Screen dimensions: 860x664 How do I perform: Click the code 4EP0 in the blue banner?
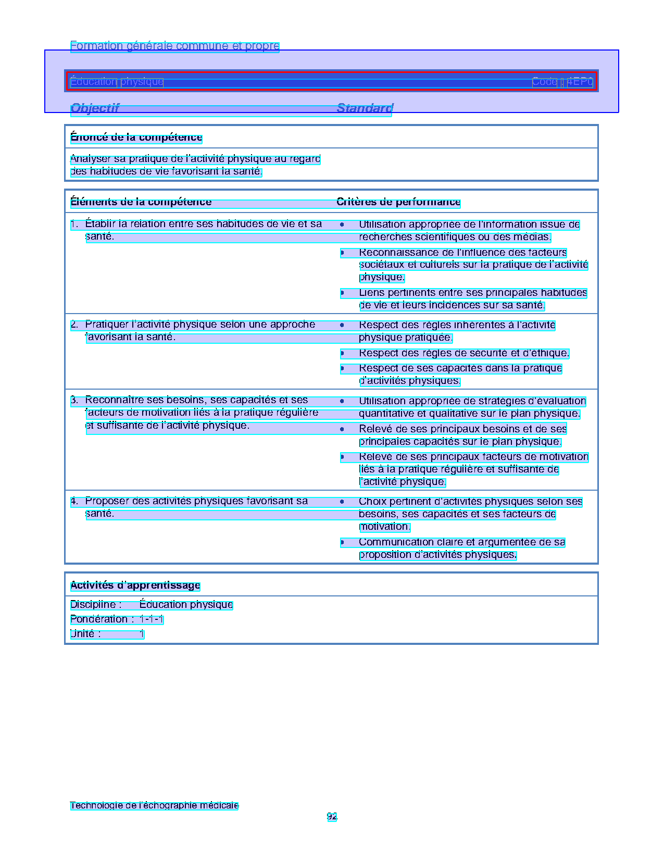pyautogui.click(x=580, y=82)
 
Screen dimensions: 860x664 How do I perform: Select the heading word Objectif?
pyautogui.click(x=95, y=108)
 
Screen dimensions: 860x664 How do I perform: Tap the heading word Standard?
pyautogui.click(x=365, y=108)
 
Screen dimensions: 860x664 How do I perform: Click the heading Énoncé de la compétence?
pyautogui.click(x=136, y=138)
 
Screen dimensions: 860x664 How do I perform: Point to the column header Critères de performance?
pyautogui.click(x=398, y=202)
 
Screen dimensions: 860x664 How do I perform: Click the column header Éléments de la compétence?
pyautogui.click(x=141, y=202)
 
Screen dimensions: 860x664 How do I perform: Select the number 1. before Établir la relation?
pyautogui.click(x=74, y=225)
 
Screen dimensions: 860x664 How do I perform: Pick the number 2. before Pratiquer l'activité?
pyautogui.click(x=74, y=325)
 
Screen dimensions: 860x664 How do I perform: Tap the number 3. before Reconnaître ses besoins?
pyautogui.click(x=74, y=400)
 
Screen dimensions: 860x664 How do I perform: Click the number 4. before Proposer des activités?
pyautogui.click(x=74, y=501)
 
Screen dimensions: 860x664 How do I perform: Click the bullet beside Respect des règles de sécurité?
pyautogui.click(x=342, y=354)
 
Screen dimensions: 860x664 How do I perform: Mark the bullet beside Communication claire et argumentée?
pyautogui.click(x=342, y=543)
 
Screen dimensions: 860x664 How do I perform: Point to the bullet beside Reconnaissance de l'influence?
pyautogui.click(x=342, y=253)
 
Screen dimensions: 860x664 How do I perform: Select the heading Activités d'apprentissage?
pyautogui.click(x=135, y=585)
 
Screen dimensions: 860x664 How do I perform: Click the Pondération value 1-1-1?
pyautogui.click(x=152, y=619)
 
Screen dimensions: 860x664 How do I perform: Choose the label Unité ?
pyautogui.click(x=85, y=634)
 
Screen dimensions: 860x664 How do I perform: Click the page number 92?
pyautogui.click(x=332, y=817)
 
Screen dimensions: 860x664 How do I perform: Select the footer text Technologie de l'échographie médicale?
pyautogui.click(x=154, y=805)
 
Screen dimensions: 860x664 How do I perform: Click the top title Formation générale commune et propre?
pyautogui.click(x=174, y=46)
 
